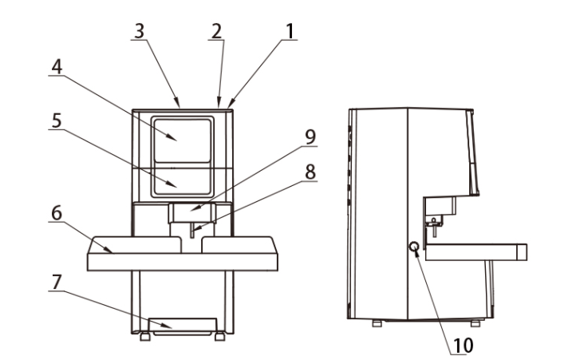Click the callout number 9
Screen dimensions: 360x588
[x=308, y=135]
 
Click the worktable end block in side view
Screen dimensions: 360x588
[x=521, y=253]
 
